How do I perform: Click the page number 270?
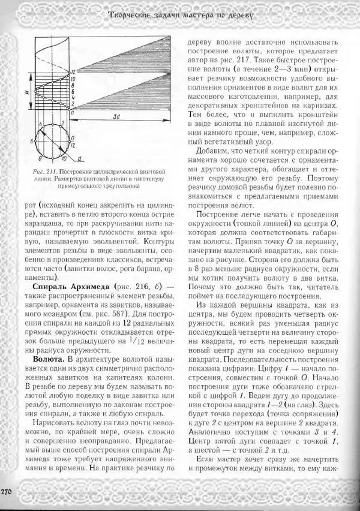[7, 492]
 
